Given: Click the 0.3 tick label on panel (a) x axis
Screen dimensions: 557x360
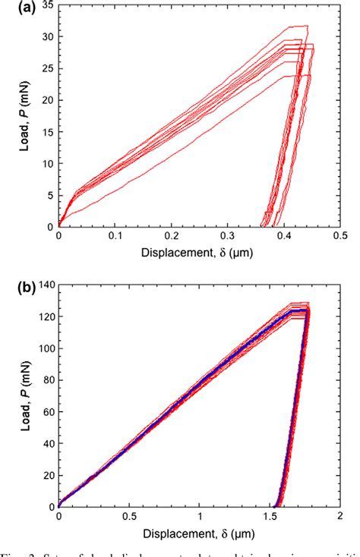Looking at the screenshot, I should pyautogui.click(x=228, y=237).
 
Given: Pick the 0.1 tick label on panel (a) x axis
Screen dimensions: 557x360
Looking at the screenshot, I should pyautogui.click(x=115, y=237).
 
